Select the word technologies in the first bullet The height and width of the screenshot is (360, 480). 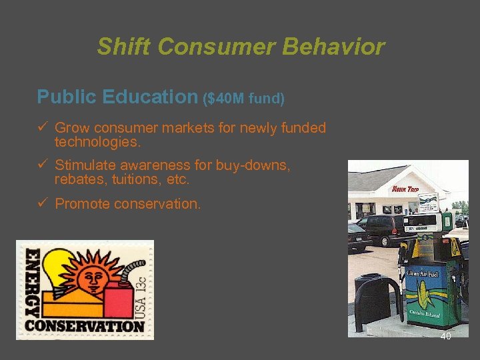click(x=97, y=143)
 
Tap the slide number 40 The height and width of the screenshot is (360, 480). click(x=445, y=337)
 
